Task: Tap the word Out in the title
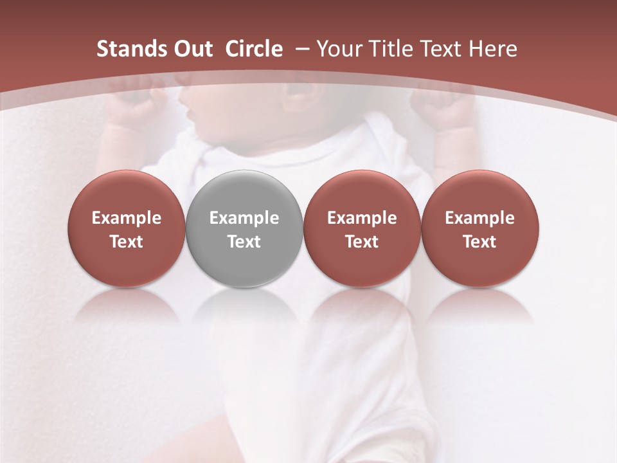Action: pos(192,49)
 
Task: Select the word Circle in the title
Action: pos(254,49)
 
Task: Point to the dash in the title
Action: pos(302,49)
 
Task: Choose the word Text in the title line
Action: pos(438,49)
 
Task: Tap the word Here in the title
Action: pos(492,49)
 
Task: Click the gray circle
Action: pos(244,228)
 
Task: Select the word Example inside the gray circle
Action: pos(244,218)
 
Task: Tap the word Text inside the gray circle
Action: pos(244,242)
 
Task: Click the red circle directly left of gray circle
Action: pos(127,228)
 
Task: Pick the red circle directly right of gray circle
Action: pos(362,228)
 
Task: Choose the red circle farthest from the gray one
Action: pos(480,228)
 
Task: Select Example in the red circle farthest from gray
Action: pos(480,218)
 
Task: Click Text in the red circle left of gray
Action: pos(127,242)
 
